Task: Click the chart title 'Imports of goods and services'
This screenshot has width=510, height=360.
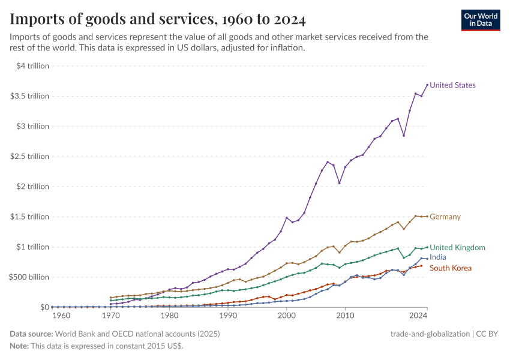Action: click(x=158, y=20)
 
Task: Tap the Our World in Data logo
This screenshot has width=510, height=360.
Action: click(x=480, y=20)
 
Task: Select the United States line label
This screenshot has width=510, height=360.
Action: click(x=452, y=85)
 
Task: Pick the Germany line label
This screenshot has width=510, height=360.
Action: click(x=445, y=217)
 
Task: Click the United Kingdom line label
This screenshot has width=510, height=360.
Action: click(x=457, y=247)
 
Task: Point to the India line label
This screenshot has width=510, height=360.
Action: click(x=438, y=257)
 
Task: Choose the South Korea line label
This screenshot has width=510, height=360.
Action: click(x=451, y=268)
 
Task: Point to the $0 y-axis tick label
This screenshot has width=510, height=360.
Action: click(x=44, y=307)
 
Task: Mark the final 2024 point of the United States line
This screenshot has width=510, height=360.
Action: click(x=427, y=85)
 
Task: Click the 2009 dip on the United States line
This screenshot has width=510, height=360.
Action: click(x=340, y=183)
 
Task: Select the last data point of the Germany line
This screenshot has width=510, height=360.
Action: click(x=427, y=217)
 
